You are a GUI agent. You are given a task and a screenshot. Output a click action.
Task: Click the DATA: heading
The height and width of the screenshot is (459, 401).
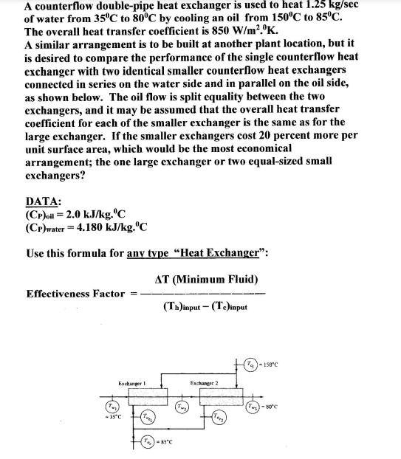(x=43, y=202)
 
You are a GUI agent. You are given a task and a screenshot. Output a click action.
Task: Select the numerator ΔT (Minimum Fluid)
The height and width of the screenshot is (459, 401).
(x=206, y=279)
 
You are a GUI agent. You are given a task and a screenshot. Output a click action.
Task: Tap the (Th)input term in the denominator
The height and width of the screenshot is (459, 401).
(x=181, y=308)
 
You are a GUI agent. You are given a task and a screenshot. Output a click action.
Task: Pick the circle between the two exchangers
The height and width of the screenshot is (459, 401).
(x=182, y=407)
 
